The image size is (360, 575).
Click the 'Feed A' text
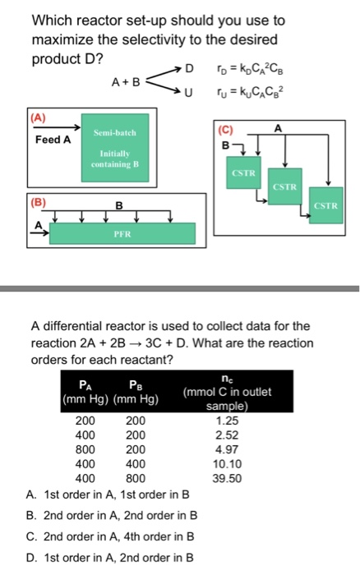pyautogui.click(x=53, y=140)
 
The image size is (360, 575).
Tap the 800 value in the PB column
pyautogui.click(x=135, y=478)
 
